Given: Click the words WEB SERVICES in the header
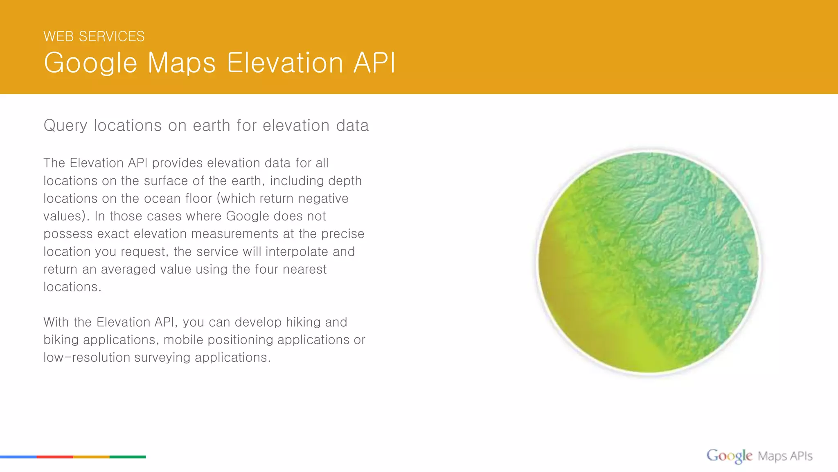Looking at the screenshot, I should pyautogui.click(x=94, y=36).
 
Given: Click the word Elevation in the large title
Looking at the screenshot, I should pyautogui.click(x=285, y=63).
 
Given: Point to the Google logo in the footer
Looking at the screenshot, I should pyautogui.click(x=729, y=456).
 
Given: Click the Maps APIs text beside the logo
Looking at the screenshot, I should pyautogui.click(x=785, y=456).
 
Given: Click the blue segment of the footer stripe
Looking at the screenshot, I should pyautogui.click(x=18, y=456).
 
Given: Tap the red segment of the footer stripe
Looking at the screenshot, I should pyautogui.click(x=55, y=456).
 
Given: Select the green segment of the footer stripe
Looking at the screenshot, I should pyautogui.click(x=128, y=456).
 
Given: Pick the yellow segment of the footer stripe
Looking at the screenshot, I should pyautogui.click(x=91, y=456).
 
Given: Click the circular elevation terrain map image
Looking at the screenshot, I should pyautogui.click(x=649, y=262).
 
